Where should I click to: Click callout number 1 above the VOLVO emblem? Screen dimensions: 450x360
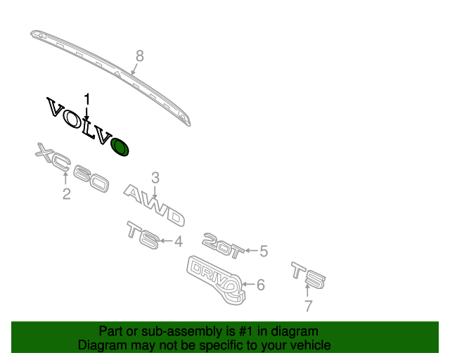tap(87, 98)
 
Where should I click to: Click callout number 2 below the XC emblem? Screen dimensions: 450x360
tap(66, 193)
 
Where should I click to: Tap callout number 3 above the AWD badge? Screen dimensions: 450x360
tap(155, 178)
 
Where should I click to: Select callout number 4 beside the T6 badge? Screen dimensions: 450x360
tap(179, 242)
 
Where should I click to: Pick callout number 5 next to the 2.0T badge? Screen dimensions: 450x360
tap(264, 250)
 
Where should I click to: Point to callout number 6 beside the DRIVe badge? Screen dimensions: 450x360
tap(260, 285)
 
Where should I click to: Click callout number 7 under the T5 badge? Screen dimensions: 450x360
tap(307, 306)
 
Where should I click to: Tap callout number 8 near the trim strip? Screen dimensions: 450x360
tap(139, 56)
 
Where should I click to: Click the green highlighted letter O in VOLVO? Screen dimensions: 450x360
tap(120, 147)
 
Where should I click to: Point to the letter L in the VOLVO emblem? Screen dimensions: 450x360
tap(87, 127)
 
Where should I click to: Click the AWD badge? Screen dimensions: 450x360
tap(155, 205)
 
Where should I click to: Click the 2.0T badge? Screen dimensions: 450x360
tap(222, 240)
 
